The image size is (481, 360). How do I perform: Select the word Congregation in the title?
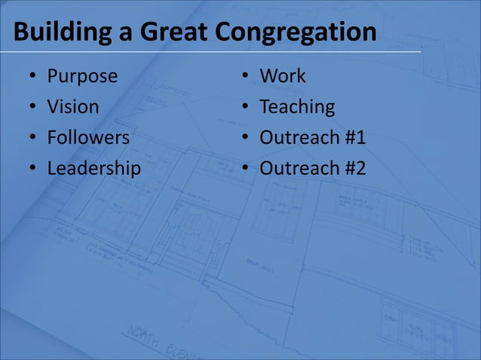pos(296,32)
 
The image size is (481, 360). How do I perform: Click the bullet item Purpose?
pos(82,76)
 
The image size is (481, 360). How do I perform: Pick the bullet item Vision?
pos(73,107)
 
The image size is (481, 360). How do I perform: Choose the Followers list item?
pos(88,138)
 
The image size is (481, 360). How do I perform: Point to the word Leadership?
pos(93,169)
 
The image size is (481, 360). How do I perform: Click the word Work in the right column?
pos(283,76)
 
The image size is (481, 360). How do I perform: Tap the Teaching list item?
pos(297,107)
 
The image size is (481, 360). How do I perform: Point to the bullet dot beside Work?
pos(246,77)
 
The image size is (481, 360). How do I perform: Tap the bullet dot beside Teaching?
pos(246,108)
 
